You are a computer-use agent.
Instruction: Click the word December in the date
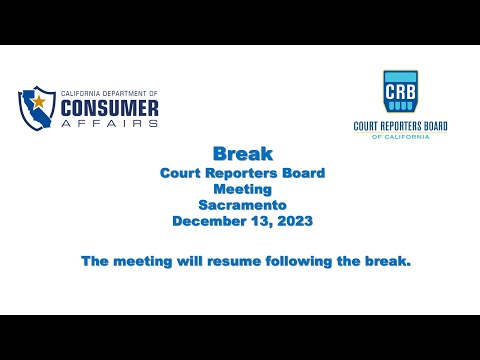[x=206, y=221]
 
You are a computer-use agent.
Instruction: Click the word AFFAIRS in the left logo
[x=110, y=123]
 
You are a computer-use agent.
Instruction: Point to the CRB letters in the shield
[x=400, y=92]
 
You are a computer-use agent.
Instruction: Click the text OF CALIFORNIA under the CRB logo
[x=400, y=137]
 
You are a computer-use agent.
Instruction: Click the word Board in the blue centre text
[x=303, y=171]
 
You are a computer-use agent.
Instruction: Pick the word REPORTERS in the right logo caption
[x=398, y=126]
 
